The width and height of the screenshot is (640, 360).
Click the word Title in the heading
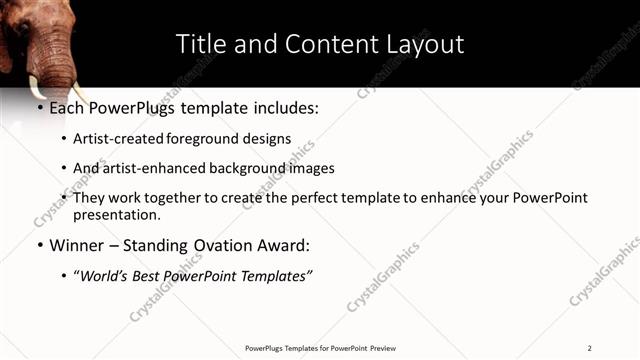click(x=197, y=44)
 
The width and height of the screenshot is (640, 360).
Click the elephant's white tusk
click(x=37, y=86)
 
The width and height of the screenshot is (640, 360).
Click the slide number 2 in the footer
click(x=589, y=348)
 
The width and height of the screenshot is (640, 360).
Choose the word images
click(x=312, y=168)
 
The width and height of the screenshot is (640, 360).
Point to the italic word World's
click(x=108, y=276)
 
